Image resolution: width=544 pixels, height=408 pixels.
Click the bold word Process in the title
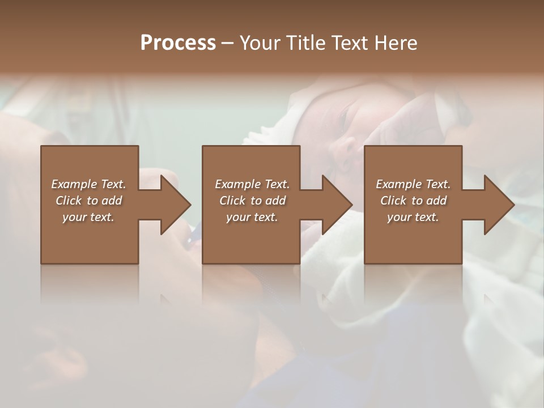tap(178, 43)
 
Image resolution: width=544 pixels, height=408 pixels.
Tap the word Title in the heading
tap(306, 43)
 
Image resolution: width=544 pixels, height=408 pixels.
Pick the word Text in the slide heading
tap(351, 43)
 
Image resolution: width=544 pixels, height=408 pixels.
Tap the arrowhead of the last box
tap(498, 205)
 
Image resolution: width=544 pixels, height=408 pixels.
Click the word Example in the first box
tap(74, 184)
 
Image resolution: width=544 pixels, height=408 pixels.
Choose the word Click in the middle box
tap(233, 201)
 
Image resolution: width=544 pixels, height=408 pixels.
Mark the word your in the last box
tap(399, 217)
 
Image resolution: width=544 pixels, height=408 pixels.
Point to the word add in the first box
tap(112, 201)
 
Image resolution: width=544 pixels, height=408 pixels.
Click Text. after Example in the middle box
tap(277, 184)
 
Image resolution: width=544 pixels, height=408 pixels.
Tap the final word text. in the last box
tap(427, 217)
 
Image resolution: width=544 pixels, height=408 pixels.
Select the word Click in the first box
tap(69, 201)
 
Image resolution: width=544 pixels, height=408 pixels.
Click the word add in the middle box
tap(275, 201)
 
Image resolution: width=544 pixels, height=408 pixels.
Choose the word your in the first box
tap(75, 217)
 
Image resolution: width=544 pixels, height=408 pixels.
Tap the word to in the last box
tap(418, 201)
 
